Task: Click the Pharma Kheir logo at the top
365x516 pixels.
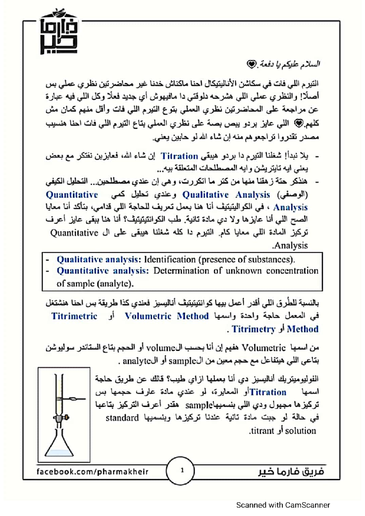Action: point(59,33)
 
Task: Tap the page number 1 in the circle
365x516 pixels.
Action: point(182,471)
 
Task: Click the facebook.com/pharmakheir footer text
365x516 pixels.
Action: point(92,472)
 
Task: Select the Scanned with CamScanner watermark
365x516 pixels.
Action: point(283,505)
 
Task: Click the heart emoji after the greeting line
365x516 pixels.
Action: point(251,64)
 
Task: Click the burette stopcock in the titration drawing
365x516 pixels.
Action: point(61,418)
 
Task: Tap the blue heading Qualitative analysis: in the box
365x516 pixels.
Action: point(99,260)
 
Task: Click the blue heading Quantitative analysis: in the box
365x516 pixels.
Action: point(103,271)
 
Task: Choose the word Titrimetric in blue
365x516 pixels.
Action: point(75,316)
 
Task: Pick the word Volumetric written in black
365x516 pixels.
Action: point(263,347)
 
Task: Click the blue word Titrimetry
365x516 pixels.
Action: point(253,329)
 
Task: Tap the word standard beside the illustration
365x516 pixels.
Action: point(122,418)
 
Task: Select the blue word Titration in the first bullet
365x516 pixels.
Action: point(179,156)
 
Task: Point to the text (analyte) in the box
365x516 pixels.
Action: point(115,284)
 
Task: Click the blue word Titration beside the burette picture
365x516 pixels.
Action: point(268,392)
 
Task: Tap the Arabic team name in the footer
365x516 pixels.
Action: point(291,472)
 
